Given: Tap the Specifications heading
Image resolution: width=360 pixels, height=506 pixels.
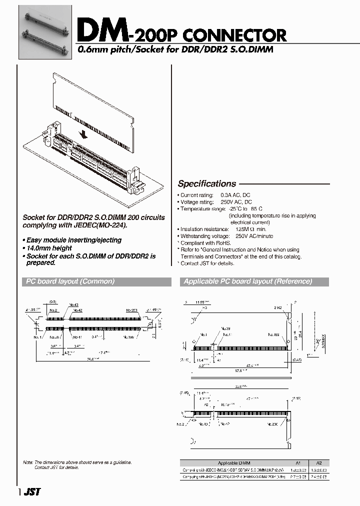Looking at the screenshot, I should pyautogui.click(x=207, y=183).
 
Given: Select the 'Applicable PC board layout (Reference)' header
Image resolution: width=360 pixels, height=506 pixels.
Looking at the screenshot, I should pyautogui.click(x=248, y=281).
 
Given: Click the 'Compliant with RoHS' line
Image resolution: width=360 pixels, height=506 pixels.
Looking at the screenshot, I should pyautogui.click(x=205, y=242).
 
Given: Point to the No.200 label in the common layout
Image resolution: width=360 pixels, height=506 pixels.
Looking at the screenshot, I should pyautogui.click(x=132, y=310).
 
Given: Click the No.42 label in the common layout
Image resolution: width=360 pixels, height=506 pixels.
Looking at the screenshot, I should pyautogui.click(x=76, y=310).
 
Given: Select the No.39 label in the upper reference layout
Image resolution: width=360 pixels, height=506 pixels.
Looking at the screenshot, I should pyautogui.click(x=225, y=329).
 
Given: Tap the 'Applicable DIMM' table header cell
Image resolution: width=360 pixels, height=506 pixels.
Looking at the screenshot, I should pyautogui.click(x=234, y=463).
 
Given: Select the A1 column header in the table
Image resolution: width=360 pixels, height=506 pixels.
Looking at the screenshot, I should pyautogui.click(x=299, y=463).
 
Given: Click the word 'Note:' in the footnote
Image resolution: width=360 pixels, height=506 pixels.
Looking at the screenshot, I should pyautogui.click(x=28, y=462).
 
